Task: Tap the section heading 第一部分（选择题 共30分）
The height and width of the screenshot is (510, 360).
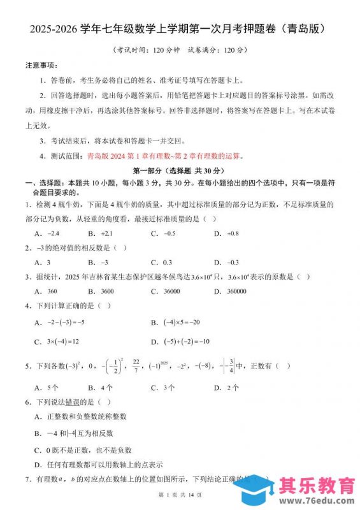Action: click(179, 171)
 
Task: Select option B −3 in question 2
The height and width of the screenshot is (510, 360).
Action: click(98, 262)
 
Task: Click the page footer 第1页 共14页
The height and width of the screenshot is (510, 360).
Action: click(180, 495)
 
